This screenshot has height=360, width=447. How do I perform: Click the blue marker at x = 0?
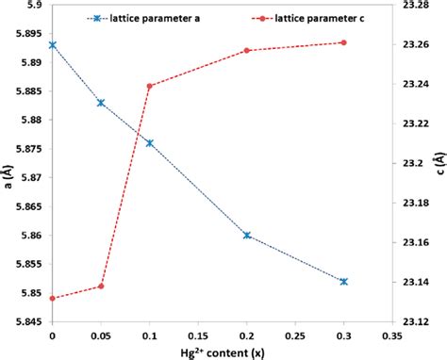[x=52, y=44]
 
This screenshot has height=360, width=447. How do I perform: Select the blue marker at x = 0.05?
[x=101, y=103]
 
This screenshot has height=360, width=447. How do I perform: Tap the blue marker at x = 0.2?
[x=247, y=236]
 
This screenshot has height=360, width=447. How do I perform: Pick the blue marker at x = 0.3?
[x=343, y=282]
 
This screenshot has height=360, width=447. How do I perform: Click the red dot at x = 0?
[x=52, y=299]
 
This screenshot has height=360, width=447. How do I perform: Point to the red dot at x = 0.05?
[x=101, y=286]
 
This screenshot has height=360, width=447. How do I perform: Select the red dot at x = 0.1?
[x=149, y=87]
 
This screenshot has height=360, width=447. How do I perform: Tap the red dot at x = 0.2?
[x=247, y=50]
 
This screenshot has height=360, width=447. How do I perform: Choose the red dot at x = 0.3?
[x=343, y=42]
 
